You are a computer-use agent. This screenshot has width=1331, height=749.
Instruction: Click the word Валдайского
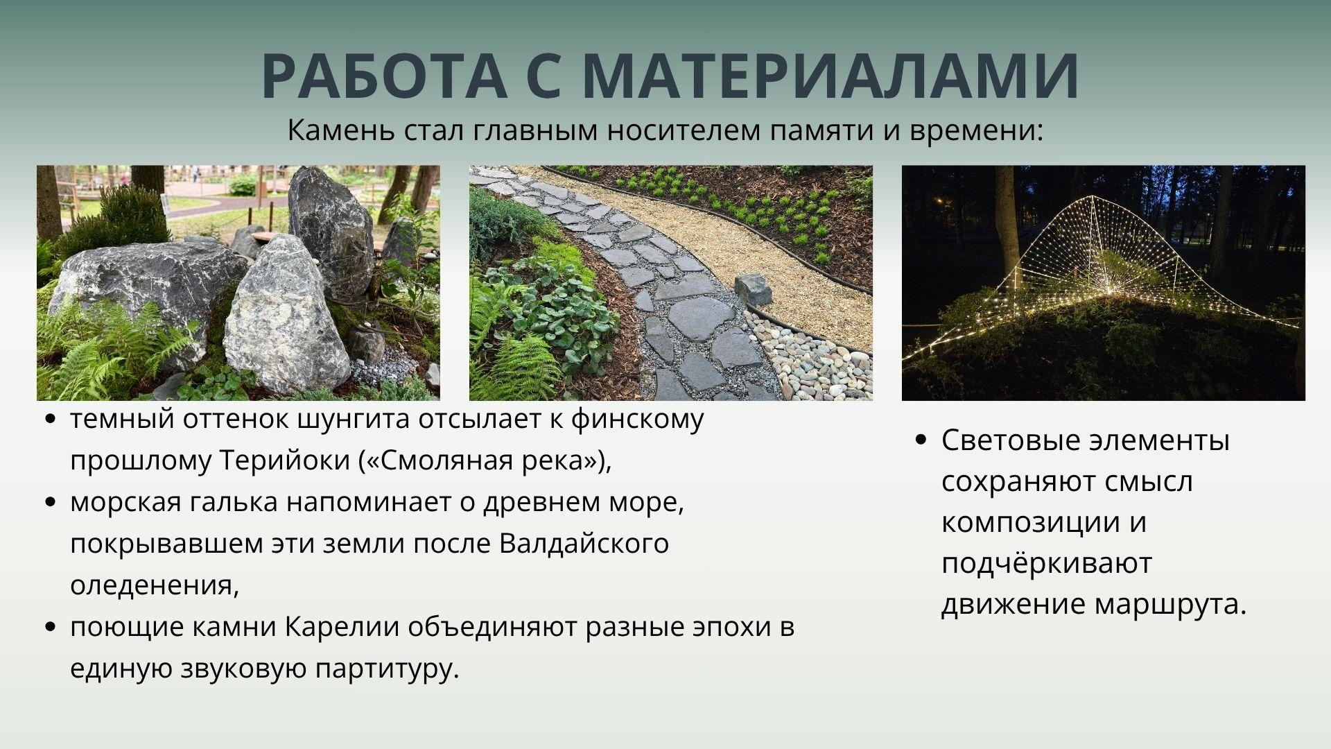(584, 544)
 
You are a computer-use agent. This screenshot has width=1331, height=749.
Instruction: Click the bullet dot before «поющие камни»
(49, 628)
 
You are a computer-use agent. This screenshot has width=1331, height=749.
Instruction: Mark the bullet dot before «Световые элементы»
(921, 440)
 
